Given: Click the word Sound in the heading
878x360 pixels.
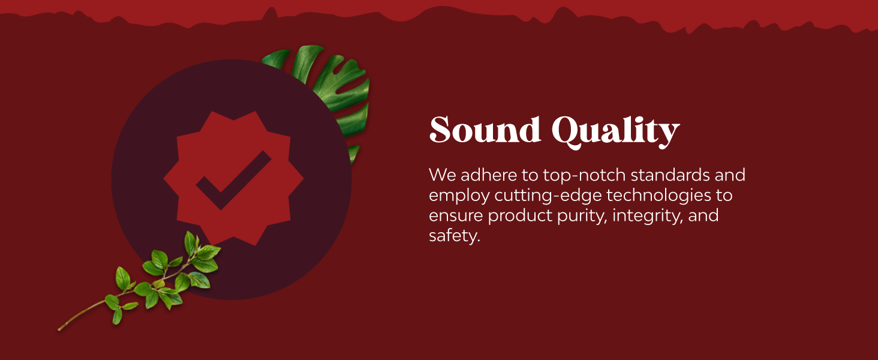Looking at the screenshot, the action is point(485,130).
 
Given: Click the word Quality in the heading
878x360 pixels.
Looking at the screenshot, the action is point(616,132).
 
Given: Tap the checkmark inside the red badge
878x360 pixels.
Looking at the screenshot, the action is point(234,180).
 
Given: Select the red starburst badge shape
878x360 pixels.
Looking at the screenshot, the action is point(234,178).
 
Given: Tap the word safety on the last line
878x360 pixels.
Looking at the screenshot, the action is point(454,236).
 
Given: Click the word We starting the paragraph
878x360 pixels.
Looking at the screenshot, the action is point(443,175).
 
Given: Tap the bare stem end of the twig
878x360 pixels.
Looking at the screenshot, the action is point(59,329).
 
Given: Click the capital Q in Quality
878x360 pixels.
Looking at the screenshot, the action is point(564,132).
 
